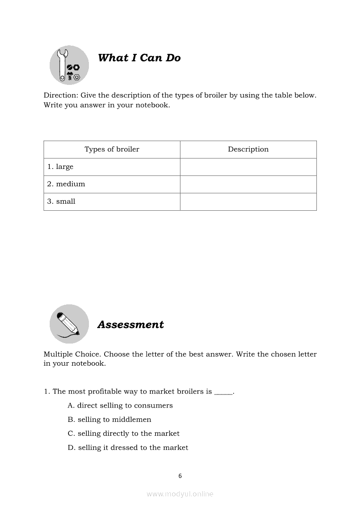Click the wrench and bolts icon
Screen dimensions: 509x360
tap(69, 65)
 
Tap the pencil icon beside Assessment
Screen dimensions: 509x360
tap(69, 324)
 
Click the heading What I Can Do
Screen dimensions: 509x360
tap(139, 58)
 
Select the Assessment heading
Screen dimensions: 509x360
tap(130, 324)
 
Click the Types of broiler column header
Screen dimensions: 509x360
tap(112, 149)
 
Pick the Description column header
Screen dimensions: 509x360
tap(248, 149)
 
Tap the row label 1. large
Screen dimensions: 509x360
tap(61, 167)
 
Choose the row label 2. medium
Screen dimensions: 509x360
tap(66, 184)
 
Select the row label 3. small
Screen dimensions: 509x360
tap(61, 202)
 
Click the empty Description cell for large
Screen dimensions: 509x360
tap(248, 167)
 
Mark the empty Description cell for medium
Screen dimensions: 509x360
tap(248, 184)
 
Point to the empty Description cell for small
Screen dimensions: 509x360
tap(248, 202)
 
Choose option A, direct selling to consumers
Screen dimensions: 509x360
tap(120, 405)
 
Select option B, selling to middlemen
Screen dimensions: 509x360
tap(109, 420)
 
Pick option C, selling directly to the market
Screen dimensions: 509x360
tap(123, 434)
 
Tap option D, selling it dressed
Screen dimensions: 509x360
tap(128, 448)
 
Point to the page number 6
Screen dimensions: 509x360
tap(180, 476)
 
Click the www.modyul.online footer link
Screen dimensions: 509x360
tap(180, 494)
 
